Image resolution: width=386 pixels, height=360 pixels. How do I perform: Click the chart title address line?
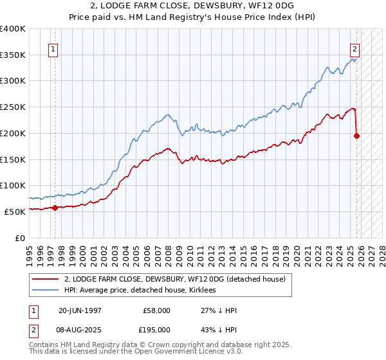[x=192, y=6]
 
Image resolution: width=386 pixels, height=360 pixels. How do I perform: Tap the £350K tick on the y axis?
[x=13, y=55]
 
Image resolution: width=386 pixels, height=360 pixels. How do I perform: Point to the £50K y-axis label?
[x=15, y=211]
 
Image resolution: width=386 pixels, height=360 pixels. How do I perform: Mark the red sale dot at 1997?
[x=55, y=208]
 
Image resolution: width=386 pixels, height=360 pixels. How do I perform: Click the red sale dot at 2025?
[x=357, y=136]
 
